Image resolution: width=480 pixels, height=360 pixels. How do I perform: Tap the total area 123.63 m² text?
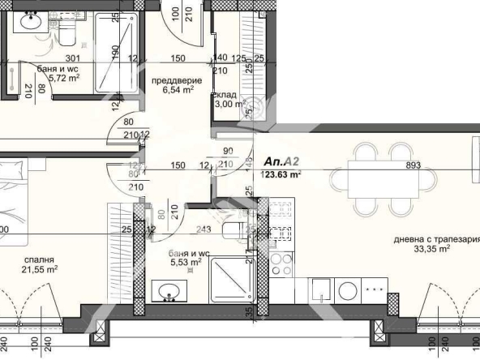coord(281,174)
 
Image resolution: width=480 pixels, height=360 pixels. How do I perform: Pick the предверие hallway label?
coord(174,79)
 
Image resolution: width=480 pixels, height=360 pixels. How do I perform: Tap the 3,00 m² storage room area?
coord(229,104)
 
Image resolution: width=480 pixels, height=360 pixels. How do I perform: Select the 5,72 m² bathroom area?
coord(63,79)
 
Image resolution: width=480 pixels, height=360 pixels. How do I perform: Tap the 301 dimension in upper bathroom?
coord(72,58)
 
